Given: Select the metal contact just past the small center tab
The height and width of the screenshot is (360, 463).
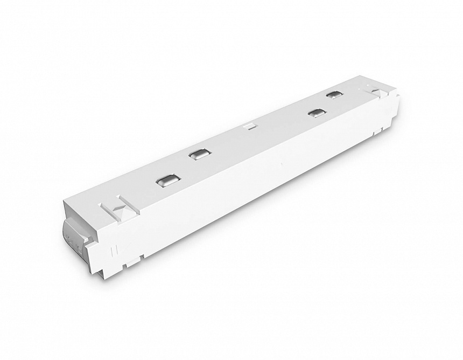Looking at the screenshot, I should (x=317, y=113).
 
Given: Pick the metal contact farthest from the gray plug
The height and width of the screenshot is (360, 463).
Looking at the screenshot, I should (x=334, y=95).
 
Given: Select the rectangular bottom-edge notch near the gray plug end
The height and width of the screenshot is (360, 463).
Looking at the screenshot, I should (x=128, y=264).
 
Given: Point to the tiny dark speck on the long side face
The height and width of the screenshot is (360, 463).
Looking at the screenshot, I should (x=281, y=163).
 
